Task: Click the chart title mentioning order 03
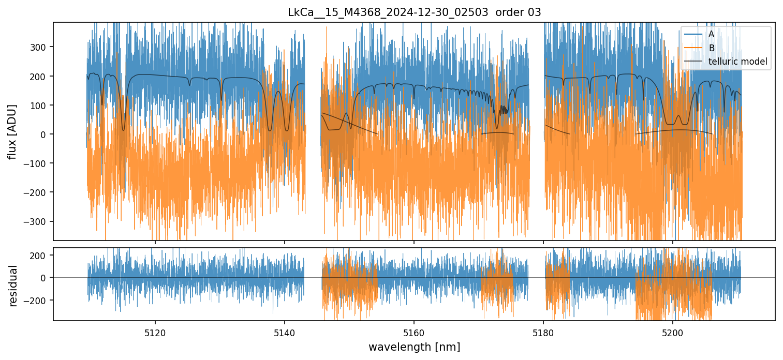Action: pos(414,12)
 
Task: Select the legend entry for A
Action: pos(711,35)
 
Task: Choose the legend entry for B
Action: pos(711,49)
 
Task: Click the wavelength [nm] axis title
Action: pos(414,347)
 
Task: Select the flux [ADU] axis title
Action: pos(12,131)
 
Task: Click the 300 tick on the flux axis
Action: pos(39,47)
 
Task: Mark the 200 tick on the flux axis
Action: pos(39,76)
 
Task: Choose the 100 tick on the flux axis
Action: pos(39,105)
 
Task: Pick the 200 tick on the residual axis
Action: pos(39,255)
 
